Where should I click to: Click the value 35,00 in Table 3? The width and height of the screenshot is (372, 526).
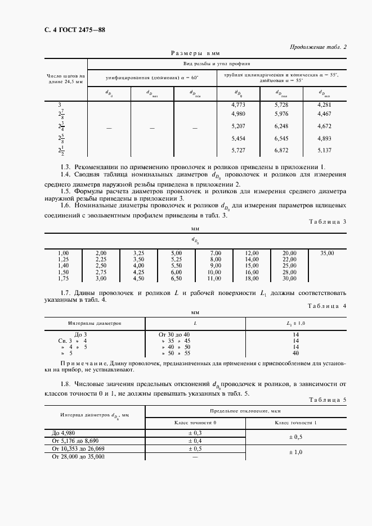tap(327, 254)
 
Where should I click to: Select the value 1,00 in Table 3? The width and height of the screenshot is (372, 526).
tap(64, 254)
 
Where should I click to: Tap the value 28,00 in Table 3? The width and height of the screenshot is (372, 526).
tap(289, 272)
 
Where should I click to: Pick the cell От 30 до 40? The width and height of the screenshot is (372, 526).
tap(176, 334)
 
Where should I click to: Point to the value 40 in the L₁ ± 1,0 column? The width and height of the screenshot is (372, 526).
tap(295, 353)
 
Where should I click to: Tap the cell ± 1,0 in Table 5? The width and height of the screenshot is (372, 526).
tap(296, 452)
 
